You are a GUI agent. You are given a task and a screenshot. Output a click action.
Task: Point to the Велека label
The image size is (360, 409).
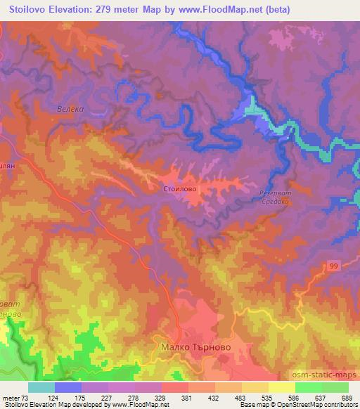(70, 110)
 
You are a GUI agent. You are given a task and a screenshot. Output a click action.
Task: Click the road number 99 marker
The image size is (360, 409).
(334, 265)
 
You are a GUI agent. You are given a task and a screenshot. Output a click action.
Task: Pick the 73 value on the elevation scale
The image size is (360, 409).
(27, 397)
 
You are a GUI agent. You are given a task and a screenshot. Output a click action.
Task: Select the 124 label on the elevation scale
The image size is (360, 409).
(53, 397)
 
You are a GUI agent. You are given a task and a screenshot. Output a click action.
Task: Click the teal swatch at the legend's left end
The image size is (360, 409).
(41, 387)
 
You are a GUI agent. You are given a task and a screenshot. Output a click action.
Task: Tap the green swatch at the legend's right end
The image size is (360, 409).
(335, 387)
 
